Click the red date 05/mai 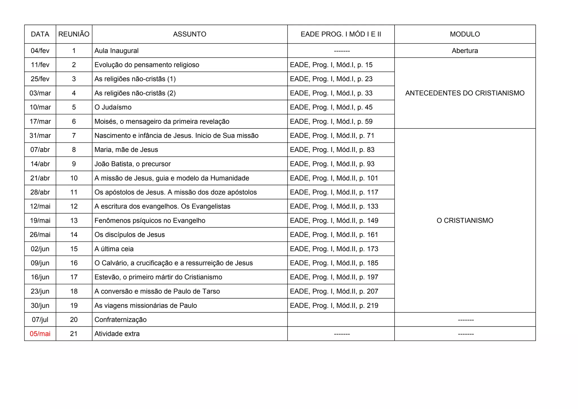[x=40, y=334]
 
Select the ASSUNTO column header [x=189, y=34]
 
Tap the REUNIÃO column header [x=74, y=34]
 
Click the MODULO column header [x=465, y=34]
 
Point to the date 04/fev [x=40, y=51]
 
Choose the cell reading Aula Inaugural [x=117, y=51]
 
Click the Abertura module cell [x=465, y=51]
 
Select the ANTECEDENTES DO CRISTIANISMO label [x=465, y=93]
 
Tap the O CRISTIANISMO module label [x=465, y=221]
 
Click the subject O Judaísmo [x=113, y=107]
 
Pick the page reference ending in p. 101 [x=334, y=178]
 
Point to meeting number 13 [x=74, y=221]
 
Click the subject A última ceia [x=114, y=249]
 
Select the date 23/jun [x=40, y=291]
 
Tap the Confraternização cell [x=121, y=320]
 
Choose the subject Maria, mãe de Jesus [x=126, y=150]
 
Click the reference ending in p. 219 [x=334, y=306]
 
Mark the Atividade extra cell [x=117, y=334]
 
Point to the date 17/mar [x=40, y=121]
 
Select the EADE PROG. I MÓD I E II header [x=341, y=34]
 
